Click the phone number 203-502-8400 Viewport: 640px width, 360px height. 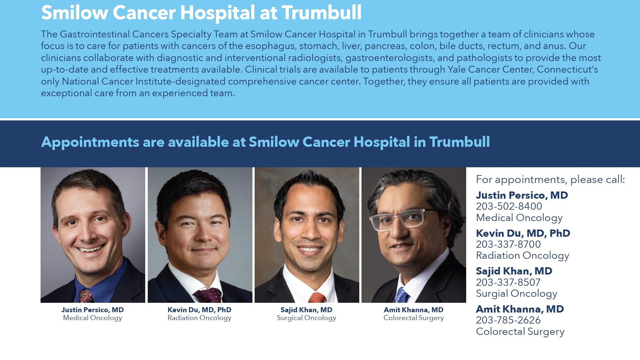(x=509, y=206)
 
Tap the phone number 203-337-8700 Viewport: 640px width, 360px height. (x=508, y=244)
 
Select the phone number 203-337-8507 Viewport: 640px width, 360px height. (x=508, y=282)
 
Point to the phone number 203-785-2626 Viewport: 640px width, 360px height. (x=508, y=320)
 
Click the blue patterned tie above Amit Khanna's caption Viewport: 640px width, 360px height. (x=402, y=295)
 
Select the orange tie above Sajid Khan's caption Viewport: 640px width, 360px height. (x=317, y=297)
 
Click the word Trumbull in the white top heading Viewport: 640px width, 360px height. (x=321, y=13)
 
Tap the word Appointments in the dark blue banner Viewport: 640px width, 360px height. (x=90, y=142)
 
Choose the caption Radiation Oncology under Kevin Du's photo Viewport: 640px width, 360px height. (x=199, y=318)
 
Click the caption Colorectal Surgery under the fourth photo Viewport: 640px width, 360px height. (x=414, y=318)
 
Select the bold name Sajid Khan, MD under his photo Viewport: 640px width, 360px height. (x=306, y=310)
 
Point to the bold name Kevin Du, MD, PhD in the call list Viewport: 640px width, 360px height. (x=523, y=233)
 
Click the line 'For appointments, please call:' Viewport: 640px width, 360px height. (x=550, y=180)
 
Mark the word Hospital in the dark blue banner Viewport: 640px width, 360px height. (x=382, y=142)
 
